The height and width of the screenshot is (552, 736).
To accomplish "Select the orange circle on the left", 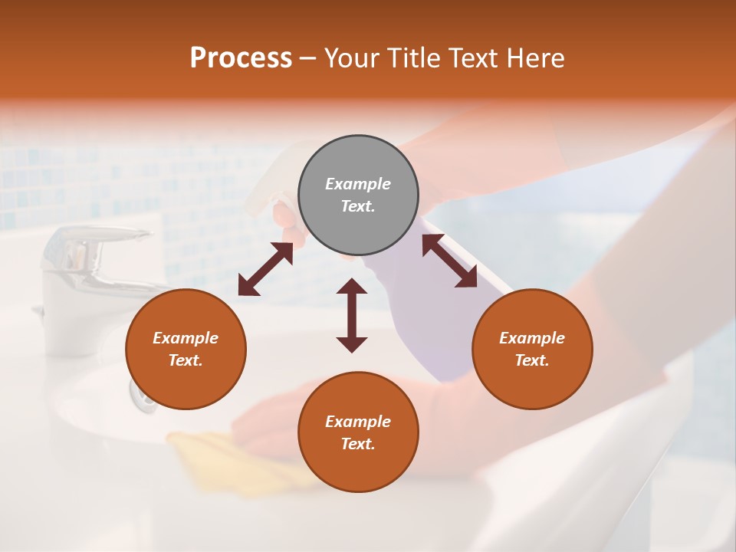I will [x=186, y=349].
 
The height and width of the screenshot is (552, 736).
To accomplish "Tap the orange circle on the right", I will [x=532, y=349].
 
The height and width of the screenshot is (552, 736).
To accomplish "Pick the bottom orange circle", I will [x=358, y=432].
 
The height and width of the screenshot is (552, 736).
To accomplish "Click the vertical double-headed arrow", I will [x=352, y=315].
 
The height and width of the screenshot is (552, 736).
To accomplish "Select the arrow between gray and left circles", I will [x=265, y=269].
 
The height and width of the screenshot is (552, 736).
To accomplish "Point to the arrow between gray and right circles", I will [x=449, y=261].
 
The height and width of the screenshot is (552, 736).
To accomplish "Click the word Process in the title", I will [x=241, y=58].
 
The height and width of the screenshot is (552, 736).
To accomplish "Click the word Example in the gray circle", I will [x=358, y=184].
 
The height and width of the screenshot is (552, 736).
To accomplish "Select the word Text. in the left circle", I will [x=186, y=360].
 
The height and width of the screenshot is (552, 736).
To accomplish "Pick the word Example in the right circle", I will [x=532, y=338].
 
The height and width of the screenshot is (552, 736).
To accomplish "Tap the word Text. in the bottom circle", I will [x=358, y=444].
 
